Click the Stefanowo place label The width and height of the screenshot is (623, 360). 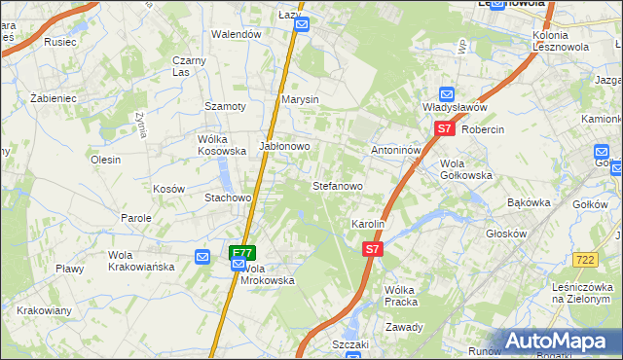[x=337, y=185]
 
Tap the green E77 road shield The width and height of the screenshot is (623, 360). [x=241, y=252]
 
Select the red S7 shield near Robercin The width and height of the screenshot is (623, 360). [x=444, y=127]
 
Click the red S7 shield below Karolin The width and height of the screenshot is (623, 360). [x=371, y=249]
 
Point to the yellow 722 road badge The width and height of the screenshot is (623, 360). [x=584, y=259]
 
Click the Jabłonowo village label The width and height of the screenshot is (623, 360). [x=284, y=146]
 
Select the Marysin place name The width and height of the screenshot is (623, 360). [x=300, y=100]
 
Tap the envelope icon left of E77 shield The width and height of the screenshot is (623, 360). [x=203, y=257]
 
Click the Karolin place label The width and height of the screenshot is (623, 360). [x=369, y=224]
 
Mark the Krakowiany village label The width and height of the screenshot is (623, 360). [x=44, y=310]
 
